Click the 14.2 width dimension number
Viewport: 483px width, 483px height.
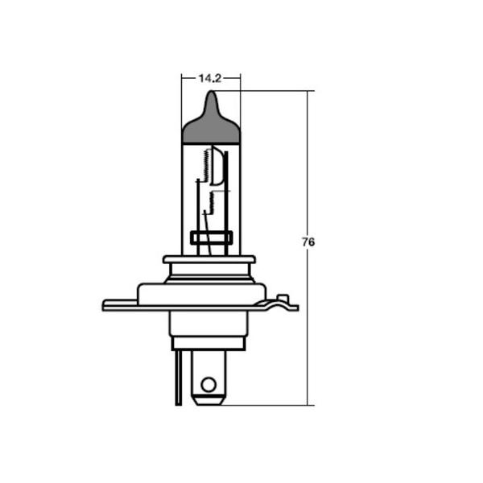click(209, 78)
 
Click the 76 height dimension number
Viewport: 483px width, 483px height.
click(308, 242)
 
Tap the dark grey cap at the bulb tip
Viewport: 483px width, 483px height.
click(211, 126)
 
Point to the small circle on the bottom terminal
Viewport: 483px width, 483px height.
click(208, 384)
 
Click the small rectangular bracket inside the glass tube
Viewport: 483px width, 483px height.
click(211, 237)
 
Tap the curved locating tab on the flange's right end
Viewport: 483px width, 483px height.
click(282, 302)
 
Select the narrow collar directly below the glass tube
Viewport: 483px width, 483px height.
click(209, 260)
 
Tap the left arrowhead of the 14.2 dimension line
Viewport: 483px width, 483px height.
click(184, 78)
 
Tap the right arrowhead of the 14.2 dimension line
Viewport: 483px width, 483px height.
click(237, 78)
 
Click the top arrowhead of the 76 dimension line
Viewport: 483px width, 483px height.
click(308, 94)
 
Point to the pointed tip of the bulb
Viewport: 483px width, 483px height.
click(211, 93)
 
